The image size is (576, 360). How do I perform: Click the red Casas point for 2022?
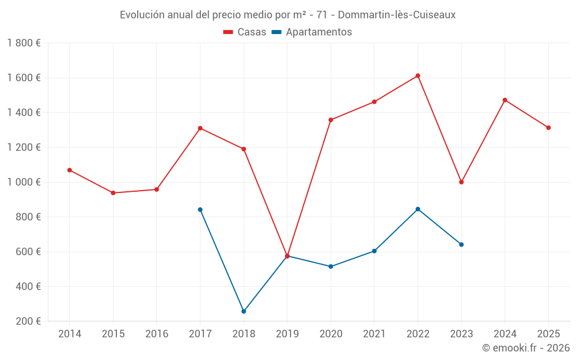point(418,75)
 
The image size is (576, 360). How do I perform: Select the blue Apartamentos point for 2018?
point(244,311)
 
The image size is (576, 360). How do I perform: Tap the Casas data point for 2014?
point(70,170)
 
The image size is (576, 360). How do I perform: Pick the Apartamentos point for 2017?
point(200,210)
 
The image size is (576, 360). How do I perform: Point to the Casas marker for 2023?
point(461,182)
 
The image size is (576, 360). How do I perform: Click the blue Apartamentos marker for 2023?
point(461,244)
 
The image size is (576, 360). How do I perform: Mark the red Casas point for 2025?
point(548,127)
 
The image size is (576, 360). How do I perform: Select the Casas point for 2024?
point(505,100)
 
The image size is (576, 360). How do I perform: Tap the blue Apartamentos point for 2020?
point(331,266)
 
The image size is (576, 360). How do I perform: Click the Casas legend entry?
point(245,32)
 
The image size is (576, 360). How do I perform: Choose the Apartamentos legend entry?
point(312,32)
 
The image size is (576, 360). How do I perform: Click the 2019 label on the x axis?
point(287,334)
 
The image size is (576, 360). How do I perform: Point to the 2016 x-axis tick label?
point(157,334)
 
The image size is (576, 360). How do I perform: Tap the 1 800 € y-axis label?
point(24,43)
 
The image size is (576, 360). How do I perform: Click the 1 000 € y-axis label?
point(24,182)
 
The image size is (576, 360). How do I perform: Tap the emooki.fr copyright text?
point(526,347)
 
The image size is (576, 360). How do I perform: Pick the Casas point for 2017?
point(200,128)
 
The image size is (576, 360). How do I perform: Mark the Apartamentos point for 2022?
point(418,209)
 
